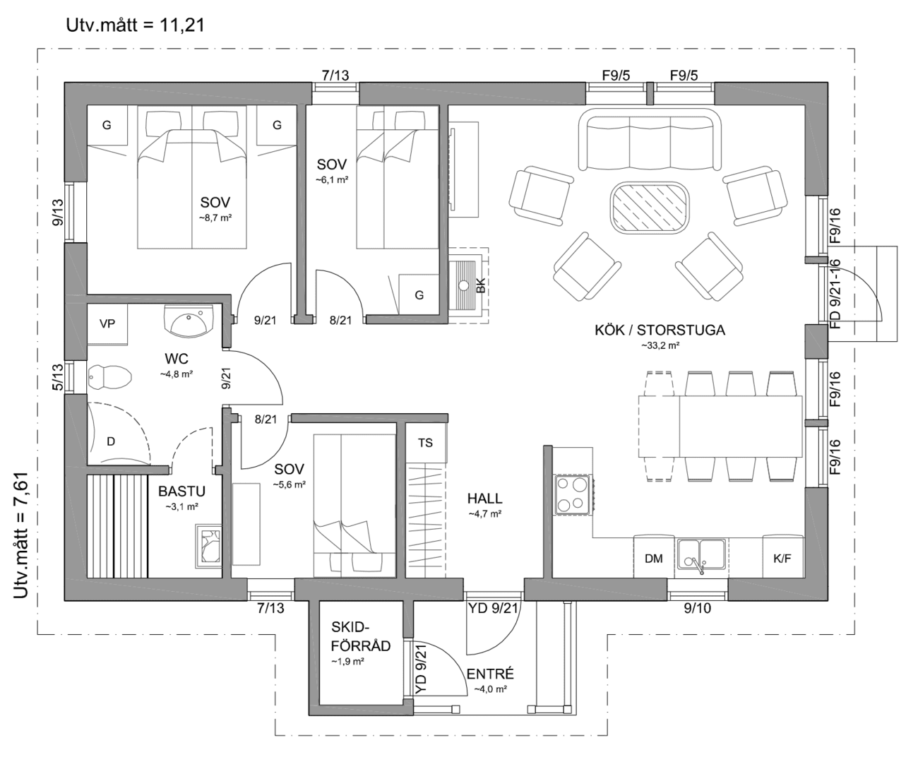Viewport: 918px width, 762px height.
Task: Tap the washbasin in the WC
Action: point(188,322)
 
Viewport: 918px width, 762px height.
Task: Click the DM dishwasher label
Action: point(653,559)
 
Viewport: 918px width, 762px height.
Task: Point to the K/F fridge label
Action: point(782,559)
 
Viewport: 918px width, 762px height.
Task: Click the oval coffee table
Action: point(650,207)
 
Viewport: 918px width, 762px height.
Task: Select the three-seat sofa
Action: point(650,139)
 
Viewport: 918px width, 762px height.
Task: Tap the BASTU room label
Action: point(181,491)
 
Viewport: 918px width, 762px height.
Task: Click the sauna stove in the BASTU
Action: point(208,544)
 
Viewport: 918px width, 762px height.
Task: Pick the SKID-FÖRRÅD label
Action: point(361,637)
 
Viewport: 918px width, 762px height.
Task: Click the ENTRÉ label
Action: point(490,674)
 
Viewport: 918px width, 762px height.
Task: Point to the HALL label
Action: point(484,499)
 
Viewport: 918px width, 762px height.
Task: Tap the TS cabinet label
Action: point(425,443)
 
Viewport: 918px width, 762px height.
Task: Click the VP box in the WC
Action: point(107,324)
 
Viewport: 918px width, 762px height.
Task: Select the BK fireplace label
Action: point(481,285)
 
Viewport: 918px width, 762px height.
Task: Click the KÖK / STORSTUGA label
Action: point(660,331)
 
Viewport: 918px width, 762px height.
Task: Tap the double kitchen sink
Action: point(701,555)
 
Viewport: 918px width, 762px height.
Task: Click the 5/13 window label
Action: point(58,377)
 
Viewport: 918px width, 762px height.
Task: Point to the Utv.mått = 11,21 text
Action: point(136,25)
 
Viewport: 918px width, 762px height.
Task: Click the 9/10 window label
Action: point(697,609)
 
